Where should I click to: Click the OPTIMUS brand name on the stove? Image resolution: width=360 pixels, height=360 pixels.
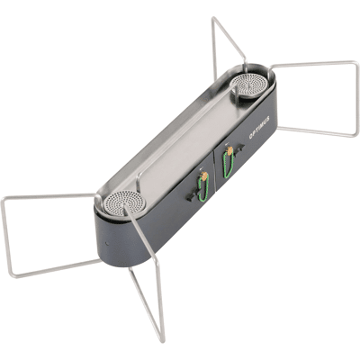point(259,127)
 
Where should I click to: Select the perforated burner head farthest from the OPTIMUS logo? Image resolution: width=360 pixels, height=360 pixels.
point(126,202)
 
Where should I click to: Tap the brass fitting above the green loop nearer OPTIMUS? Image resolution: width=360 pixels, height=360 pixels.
point(229,150)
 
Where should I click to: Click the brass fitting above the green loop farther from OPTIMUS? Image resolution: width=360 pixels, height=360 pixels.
point(204,177)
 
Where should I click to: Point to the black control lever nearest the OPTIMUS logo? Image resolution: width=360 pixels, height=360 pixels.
point(238,149)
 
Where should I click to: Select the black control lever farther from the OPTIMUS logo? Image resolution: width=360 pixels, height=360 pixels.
point(193,195)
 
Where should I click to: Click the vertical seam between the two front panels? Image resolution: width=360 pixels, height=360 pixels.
point(213,170)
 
